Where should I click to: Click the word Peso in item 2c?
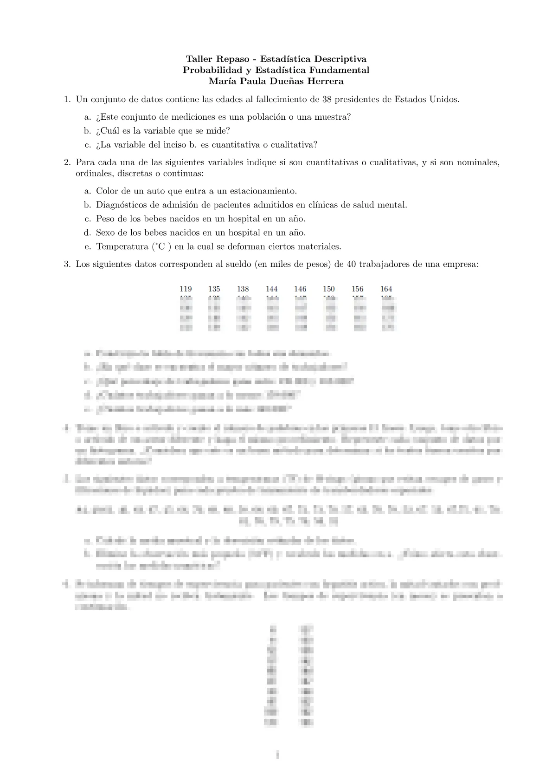tap(105, 219)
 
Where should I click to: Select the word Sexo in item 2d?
tap(105, 232)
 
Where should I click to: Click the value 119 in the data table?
tap(186, 289)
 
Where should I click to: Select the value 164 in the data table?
tap(386, 289)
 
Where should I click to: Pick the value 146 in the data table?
tap(300, 289)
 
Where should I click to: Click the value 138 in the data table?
tap(243, 289)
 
